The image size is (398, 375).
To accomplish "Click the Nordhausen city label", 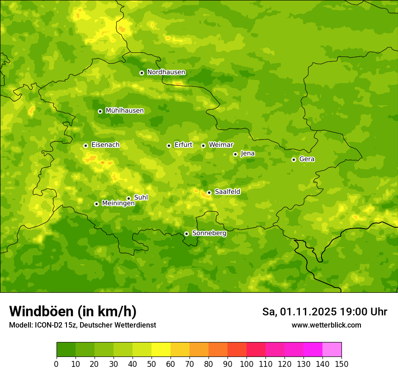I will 166,72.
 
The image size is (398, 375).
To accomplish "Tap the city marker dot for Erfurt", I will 169,145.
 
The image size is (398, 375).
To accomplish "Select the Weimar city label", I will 221,145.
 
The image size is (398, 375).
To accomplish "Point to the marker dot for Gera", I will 294,159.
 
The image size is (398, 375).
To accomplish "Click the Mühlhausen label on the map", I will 124,111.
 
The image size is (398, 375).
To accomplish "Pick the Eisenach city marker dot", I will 85,145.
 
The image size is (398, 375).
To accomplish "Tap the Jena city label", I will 247,154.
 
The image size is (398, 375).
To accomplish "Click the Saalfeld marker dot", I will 209,192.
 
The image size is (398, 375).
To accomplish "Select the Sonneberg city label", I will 209,233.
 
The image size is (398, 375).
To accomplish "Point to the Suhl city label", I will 141,197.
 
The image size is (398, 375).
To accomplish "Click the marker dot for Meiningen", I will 96,204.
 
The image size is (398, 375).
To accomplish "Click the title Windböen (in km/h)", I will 73,311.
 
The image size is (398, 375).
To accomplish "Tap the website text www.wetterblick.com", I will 326,325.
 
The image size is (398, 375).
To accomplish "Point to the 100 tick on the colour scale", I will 246,364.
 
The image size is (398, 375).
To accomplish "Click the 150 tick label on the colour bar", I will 341,364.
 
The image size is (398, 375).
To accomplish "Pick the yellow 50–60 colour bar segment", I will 161,350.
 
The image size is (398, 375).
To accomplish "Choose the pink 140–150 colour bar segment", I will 332,350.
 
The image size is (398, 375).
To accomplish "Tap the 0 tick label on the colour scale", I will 57,364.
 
